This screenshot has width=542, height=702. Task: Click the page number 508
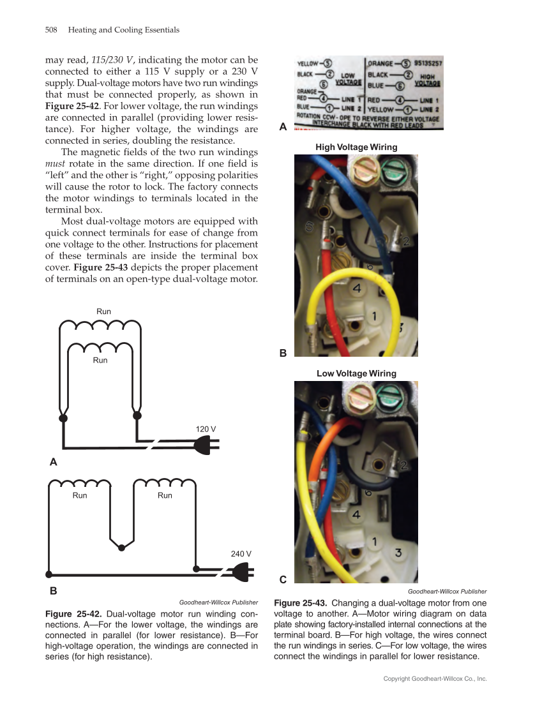52,30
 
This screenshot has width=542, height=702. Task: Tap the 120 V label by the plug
206,429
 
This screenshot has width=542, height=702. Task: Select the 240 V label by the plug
241,553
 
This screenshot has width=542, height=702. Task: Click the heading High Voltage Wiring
356,147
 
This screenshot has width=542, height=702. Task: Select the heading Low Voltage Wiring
356,373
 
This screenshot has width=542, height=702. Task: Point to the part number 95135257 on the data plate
428,64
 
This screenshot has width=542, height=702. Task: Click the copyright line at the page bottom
435,679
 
